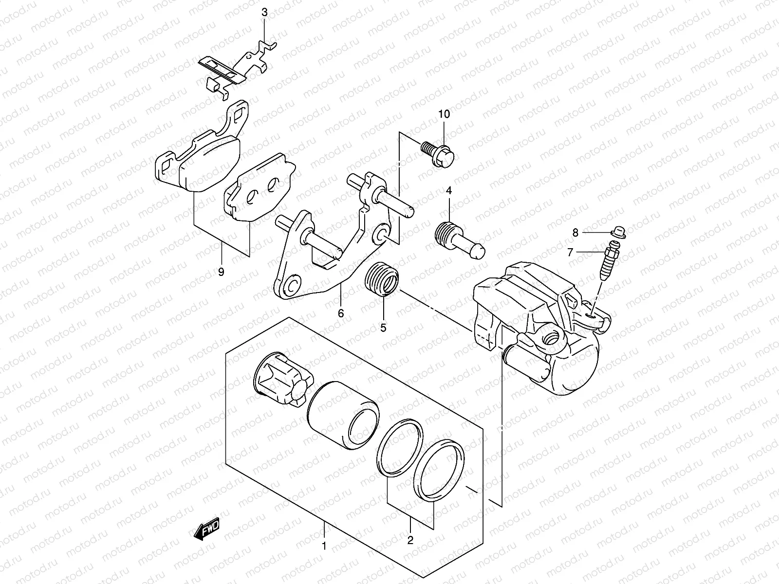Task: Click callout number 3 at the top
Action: [264, 13]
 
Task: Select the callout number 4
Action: [448, 191]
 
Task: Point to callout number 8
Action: [575, 233]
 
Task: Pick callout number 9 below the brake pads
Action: [221, 272]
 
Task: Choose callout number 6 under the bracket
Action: [341, 313]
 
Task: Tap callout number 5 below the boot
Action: [383, 328]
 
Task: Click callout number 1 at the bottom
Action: [324, 547]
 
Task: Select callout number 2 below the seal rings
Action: [410, 539]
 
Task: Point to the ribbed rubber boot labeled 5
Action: [382, 278]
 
